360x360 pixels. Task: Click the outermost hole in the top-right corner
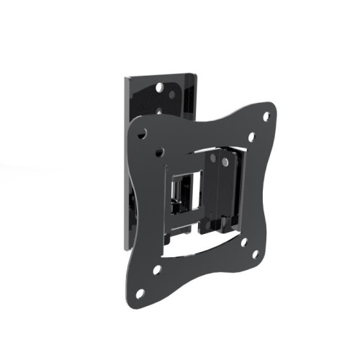click(266, 116)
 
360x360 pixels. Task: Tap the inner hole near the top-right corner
click(251, 136)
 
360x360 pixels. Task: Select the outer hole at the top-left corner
click(143, 133)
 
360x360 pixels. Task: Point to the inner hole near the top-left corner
click(160, 153)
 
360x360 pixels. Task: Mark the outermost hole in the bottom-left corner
click(140, 293)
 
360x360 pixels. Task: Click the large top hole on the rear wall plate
click(160, 87)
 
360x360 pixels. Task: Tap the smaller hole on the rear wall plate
click(171, 94)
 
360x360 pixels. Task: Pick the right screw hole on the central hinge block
click(225, 162)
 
